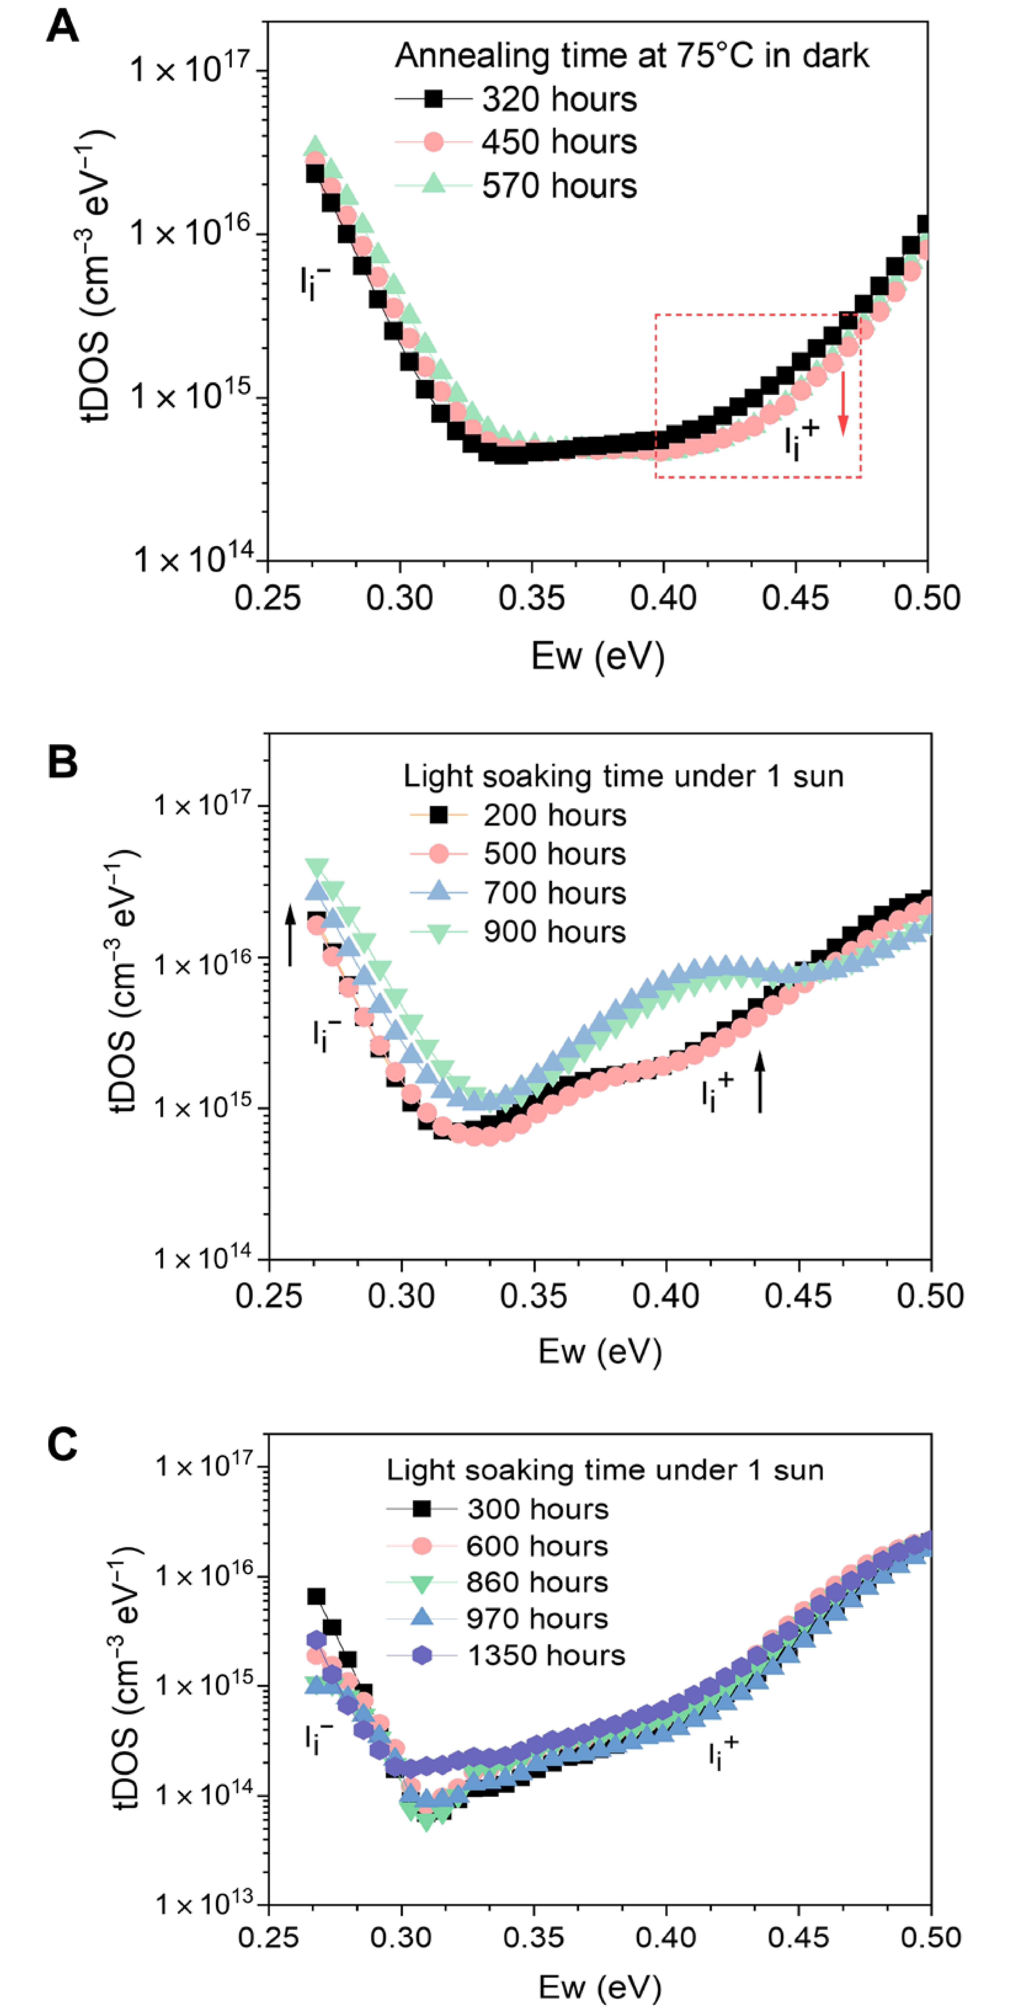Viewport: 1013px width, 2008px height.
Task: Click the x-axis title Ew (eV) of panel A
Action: click(x=598, y=656)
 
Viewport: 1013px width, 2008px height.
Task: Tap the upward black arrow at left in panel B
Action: click(x=291, y=935)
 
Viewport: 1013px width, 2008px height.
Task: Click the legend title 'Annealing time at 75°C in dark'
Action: click(x=631, y=56)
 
